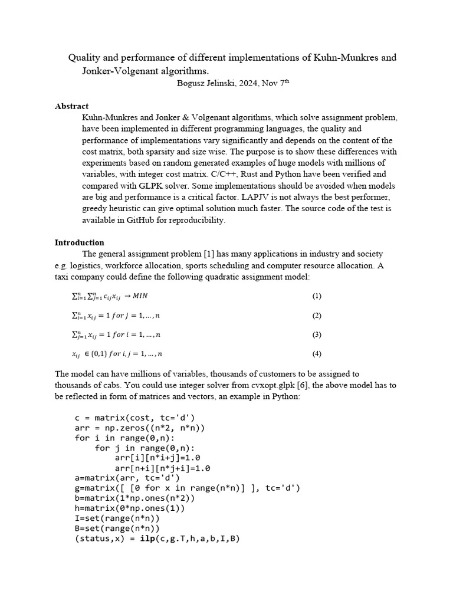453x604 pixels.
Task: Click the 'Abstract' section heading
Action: [71, 106]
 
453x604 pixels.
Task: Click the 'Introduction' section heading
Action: [79, 242]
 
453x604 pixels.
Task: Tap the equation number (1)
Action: [317, 296]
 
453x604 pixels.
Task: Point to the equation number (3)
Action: [317, 334]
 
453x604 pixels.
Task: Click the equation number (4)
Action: [317, 354]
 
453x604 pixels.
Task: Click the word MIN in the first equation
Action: [140, 296]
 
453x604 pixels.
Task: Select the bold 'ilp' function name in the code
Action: [147, 539]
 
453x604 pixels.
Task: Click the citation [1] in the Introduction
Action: [209, 254]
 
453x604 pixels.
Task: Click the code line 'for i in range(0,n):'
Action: [124, 438]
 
